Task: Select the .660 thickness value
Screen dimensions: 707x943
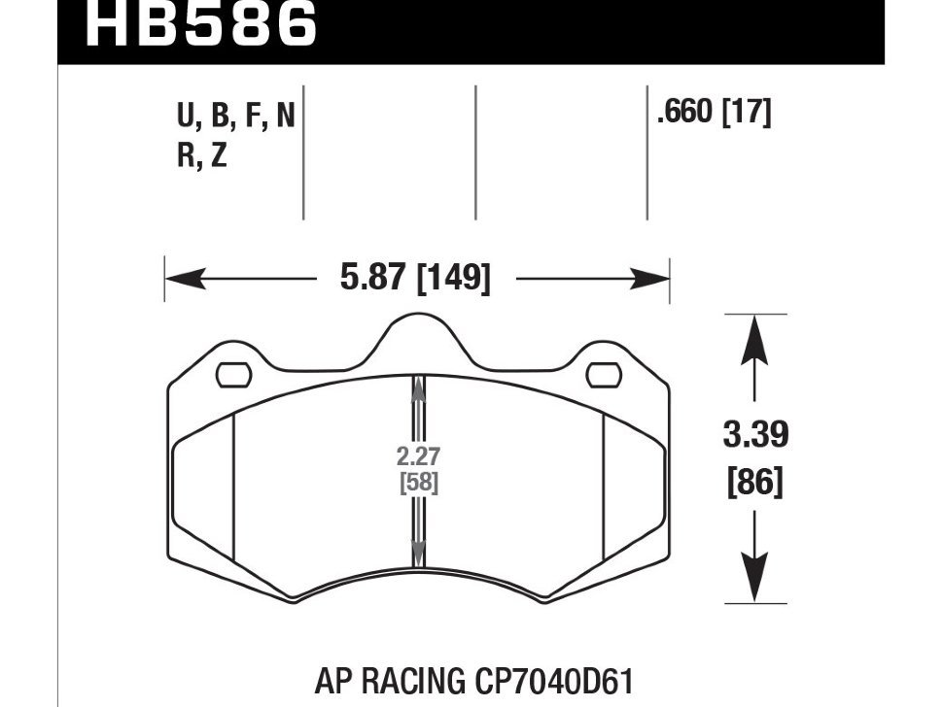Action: pos(685,114)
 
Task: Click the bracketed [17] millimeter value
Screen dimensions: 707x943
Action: pos(745,114)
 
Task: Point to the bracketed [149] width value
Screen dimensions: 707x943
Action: pos(452,280)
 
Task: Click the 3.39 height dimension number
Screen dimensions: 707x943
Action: pos(754,435)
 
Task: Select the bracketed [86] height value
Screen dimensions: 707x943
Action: pos(754,482)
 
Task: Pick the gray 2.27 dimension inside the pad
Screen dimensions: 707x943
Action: pos(418,455)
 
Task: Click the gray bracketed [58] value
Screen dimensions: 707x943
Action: pos(418,482)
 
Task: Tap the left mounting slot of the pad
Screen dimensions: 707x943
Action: pos(233,373)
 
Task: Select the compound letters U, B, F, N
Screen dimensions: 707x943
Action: pos(235,118)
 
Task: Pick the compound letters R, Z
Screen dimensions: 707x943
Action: pos(201,155)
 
